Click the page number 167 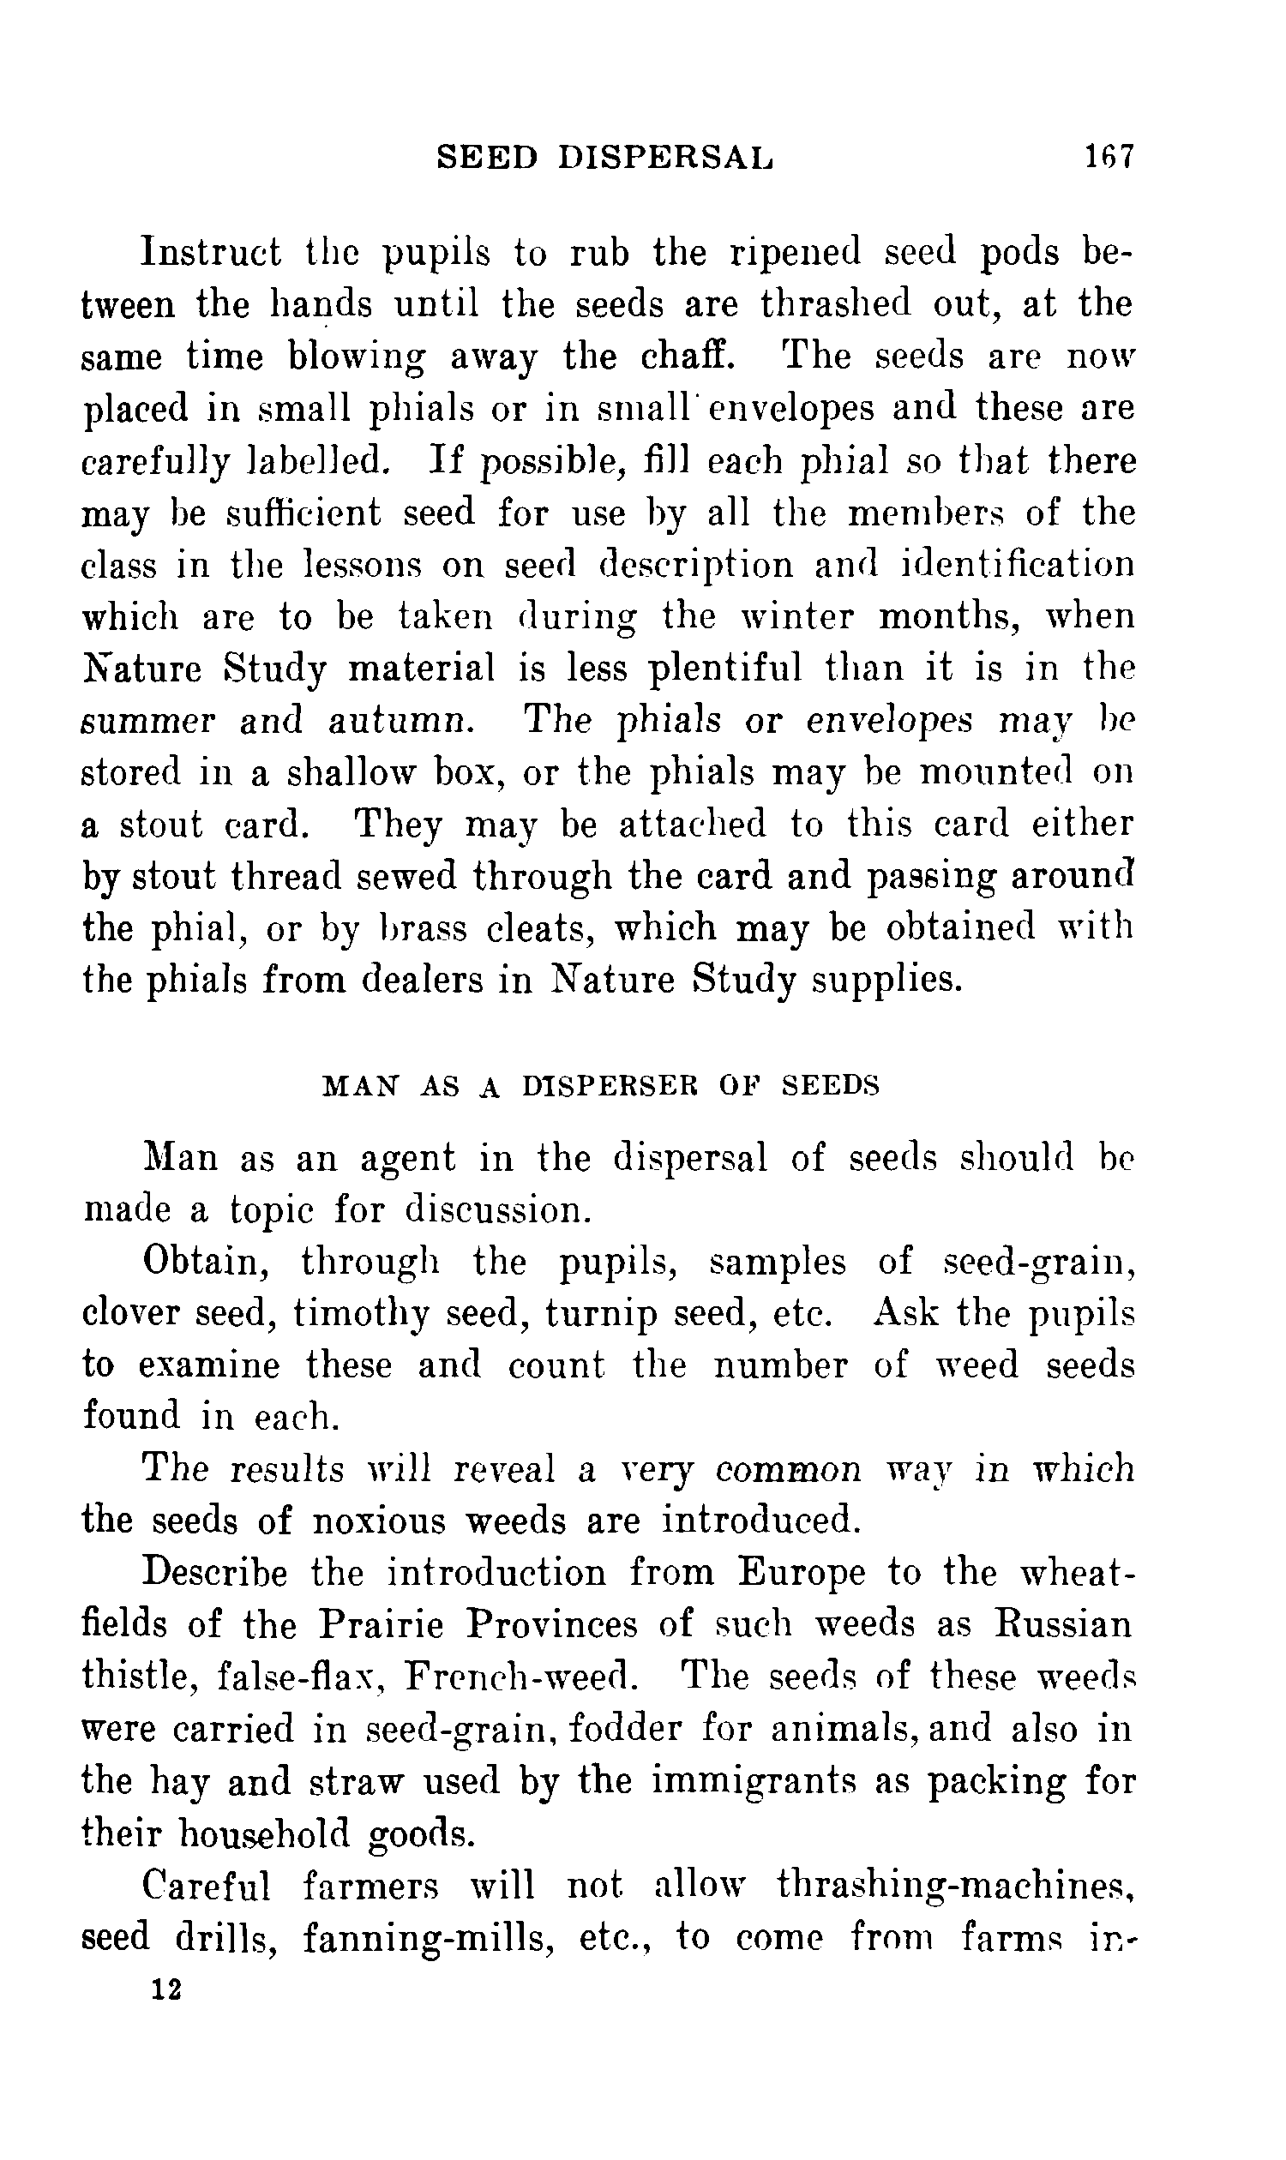point(1108,157)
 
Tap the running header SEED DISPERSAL point(605,157)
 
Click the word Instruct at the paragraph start point(212,252)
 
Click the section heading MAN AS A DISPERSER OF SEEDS point(600,1086)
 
